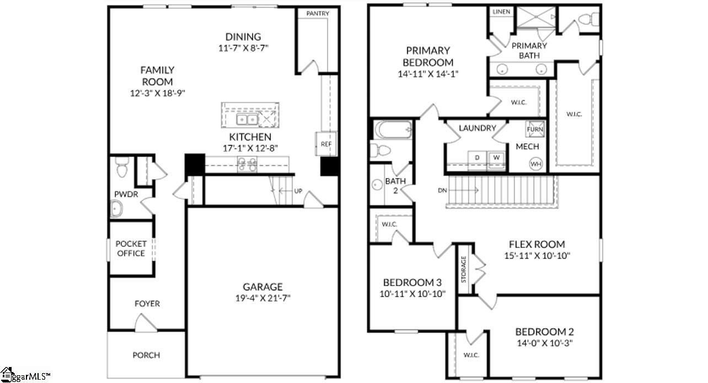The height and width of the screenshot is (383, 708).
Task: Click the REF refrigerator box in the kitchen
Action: click(x=325, y=144)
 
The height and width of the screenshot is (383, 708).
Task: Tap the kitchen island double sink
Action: click(x=246, y=120)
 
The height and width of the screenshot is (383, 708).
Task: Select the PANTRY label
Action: click(x=318, y=13)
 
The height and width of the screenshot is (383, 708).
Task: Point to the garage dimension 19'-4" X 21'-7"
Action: click(x=263, y=298)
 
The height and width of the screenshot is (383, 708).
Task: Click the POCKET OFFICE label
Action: click(x=131, y=249)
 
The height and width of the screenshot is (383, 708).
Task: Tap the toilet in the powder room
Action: click(x=121, y=168)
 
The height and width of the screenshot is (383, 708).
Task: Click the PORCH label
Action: click(x=146, y=355)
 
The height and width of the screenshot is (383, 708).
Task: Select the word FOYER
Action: click(x=147, y=304)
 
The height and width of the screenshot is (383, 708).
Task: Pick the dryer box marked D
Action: click(x=477, y=158)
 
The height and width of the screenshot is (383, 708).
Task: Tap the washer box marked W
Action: click(x=496, y=158)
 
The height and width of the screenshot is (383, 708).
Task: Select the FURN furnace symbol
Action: click(x=535, y=128)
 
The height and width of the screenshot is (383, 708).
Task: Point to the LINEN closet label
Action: click(x=501, y=12)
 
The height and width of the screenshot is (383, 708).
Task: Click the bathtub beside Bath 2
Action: click(x=392, y=131)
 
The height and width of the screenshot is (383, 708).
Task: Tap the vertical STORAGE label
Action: click(x=463, y=269)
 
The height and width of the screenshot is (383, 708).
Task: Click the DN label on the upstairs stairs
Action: click(x=442, y=190)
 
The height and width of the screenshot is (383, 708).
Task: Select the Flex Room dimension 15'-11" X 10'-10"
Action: click(x=537, y=255)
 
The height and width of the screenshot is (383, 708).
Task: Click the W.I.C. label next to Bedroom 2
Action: click(x=470, y=355)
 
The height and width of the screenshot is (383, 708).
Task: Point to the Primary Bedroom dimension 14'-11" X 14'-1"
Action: click(x=428, y=73)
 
